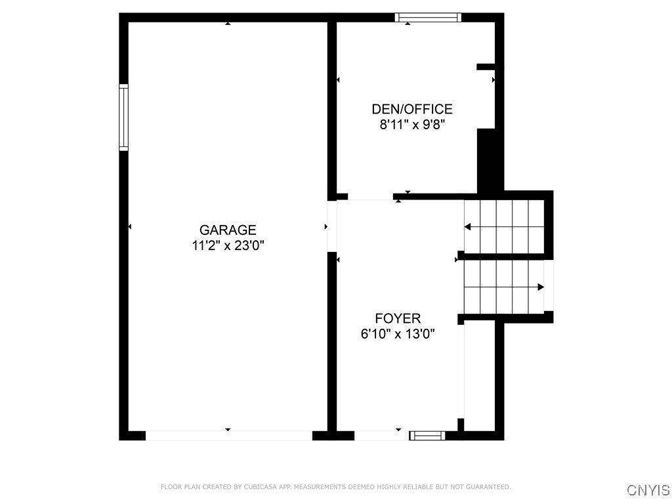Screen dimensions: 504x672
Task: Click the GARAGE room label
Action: (x=228, y=230)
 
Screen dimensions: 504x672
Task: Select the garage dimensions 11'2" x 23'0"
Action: (x=228, y=246)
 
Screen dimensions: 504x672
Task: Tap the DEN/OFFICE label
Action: (x=412, y=109)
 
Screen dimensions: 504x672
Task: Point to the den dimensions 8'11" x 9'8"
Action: (x=412, y=125)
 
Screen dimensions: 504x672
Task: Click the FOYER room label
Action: (x=398, y=319)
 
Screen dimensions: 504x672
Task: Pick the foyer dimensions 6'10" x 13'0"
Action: (x=398, y=334)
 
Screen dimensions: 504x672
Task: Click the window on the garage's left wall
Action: (x=123, y=117)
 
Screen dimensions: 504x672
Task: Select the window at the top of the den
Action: (x=428, y=18)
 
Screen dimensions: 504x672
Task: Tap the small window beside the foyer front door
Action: (x=427, y=435)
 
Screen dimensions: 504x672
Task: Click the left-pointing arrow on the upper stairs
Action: (x=469, y=227)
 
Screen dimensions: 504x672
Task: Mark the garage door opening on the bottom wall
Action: (x=228, y=435)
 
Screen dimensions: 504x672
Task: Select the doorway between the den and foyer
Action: (x=370, y=196)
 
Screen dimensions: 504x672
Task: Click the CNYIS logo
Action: (x=648, y=490)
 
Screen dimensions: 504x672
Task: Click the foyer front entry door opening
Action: (x=381, y=435)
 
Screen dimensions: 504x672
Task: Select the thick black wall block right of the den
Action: (x=486, y=161)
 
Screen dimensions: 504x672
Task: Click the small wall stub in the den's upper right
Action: (x=485, y=66)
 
